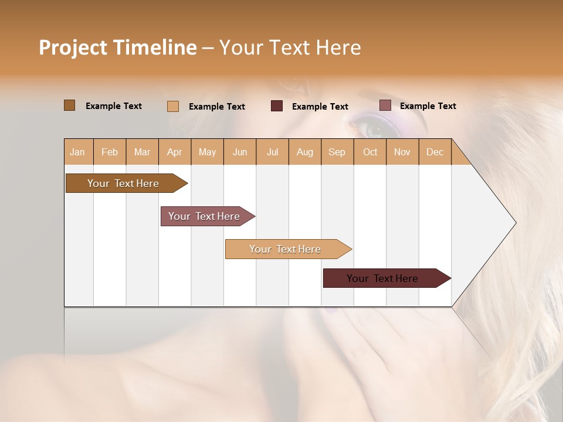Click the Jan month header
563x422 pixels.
pos(77,152)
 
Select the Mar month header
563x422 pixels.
pos(142,152)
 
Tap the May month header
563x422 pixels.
pos(207,152)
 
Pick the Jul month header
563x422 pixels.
pos(272,152)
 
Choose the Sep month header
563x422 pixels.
pos(337,152)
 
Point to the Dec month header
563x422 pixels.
pos(435,152)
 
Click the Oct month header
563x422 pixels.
pos(370,152)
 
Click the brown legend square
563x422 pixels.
pos(69,105)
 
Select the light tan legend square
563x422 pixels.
pos(173,106)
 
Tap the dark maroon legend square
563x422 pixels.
pos(277,106)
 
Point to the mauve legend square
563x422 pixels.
pos(385,105)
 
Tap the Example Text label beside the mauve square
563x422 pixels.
pos(428,106)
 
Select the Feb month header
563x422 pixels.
pos(110,152)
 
